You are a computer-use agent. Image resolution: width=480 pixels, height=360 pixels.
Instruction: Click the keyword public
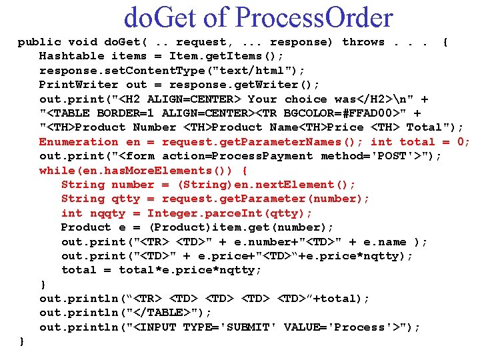tap(39, 42)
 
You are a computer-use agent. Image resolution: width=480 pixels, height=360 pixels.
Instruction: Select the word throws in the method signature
tap(363, 42)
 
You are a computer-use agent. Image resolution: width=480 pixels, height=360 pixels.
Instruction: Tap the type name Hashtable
tap(72, 56)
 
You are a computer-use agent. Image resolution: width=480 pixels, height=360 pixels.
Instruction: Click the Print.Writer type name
tap(79, 85)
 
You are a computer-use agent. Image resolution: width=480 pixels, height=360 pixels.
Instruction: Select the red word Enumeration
tap(79, 141)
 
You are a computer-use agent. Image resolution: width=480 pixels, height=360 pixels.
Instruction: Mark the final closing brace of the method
tap(22, 341)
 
